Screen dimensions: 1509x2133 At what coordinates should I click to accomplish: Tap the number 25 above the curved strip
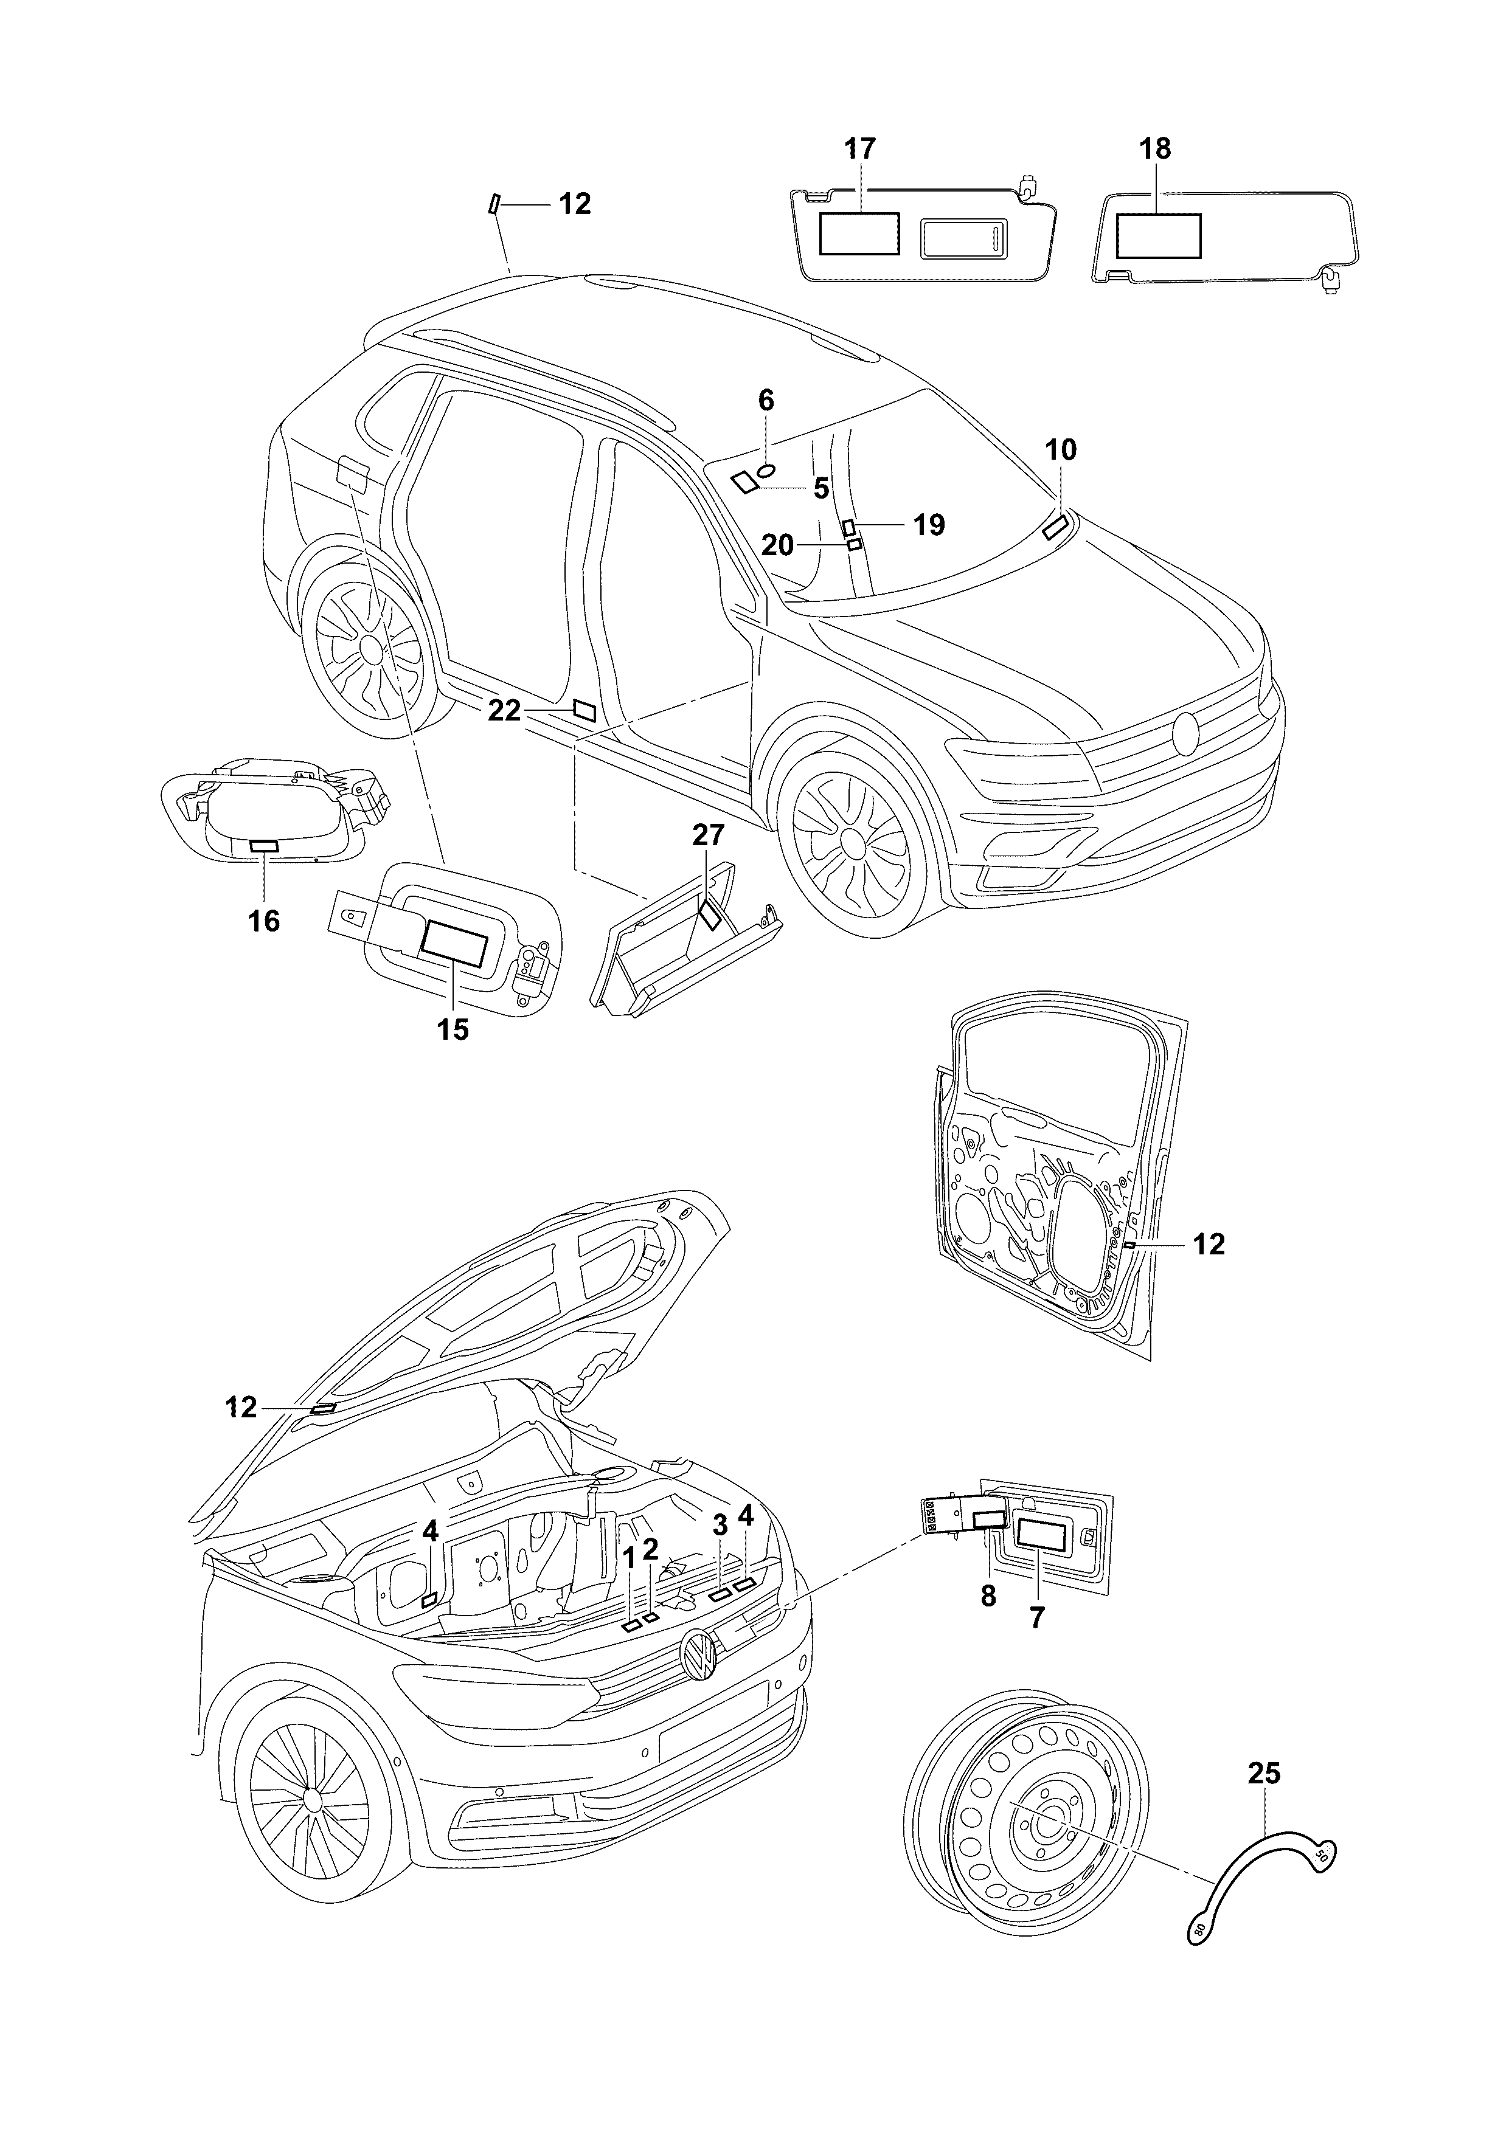tap(1264, 1774)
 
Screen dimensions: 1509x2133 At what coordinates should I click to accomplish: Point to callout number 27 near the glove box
tap(708, 835)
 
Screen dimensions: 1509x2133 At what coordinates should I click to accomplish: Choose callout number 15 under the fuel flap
tap(454, 1029)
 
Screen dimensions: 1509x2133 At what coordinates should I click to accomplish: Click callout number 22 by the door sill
tap(505, 711)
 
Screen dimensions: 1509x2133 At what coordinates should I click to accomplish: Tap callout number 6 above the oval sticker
tap(766, 401)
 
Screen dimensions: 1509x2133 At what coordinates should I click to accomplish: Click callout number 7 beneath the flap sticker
tap(1037, 1617)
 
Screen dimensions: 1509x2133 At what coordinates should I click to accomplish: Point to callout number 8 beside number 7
tap(988, 1596)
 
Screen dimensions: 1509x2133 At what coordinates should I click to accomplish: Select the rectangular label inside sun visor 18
tap(1158, 235)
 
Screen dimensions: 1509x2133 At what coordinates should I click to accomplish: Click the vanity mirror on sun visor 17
tap(963, 240)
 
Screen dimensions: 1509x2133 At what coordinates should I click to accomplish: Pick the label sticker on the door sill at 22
tap(585, 711)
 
